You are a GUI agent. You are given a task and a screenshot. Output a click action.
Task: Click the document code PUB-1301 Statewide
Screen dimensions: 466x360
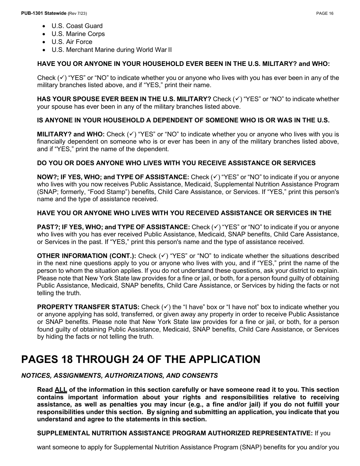(44, 13)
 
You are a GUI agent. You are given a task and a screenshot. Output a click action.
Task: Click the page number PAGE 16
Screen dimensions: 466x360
(325, 13)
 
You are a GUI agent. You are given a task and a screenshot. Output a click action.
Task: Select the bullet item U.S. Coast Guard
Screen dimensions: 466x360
(77, 26)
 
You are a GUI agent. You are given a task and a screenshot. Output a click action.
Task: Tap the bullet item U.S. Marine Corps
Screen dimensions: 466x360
(78, 34)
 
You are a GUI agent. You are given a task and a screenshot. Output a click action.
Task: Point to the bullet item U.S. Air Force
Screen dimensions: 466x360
(72, 42)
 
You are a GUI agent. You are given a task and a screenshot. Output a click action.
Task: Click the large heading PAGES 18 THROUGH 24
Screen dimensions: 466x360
(141, 359)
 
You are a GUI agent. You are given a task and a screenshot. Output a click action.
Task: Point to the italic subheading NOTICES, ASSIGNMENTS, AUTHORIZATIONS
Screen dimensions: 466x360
(119, 375)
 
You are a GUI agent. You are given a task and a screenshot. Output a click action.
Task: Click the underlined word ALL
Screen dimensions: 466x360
(61, 389)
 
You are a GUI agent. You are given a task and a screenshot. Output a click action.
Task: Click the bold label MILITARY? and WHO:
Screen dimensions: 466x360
(71, 134)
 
